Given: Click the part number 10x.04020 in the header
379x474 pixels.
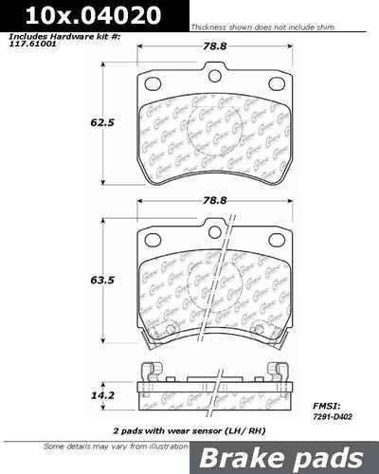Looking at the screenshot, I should [64, 14].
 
